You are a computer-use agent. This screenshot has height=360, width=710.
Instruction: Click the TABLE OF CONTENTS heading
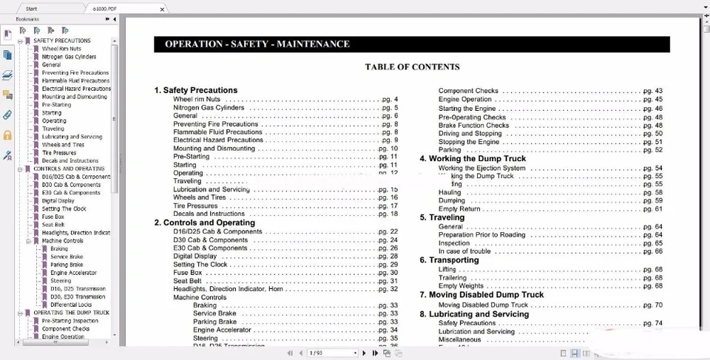(412, 67)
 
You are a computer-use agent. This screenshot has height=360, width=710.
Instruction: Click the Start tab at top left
(31, 8)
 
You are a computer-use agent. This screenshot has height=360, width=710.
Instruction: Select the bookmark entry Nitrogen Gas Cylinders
(69, 57)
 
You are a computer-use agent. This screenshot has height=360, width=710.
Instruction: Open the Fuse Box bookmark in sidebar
(53, 217)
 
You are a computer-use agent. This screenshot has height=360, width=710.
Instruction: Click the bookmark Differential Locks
(71, 305)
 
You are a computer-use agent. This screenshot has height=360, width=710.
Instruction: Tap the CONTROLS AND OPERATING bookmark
(69, 169)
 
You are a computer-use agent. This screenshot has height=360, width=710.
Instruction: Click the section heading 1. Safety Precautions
(196, 90)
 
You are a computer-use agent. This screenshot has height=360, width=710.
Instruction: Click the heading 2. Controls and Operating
(204, 223)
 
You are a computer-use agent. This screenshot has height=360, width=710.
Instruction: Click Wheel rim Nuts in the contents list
(197, 99)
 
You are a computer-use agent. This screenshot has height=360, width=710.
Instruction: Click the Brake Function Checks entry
(473, 126)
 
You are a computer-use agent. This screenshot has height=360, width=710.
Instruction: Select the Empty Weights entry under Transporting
(461, 286)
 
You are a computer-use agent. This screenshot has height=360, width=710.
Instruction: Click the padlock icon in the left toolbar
(7, 135)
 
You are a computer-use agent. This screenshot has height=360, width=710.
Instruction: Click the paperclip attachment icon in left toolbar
(7, 115)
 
